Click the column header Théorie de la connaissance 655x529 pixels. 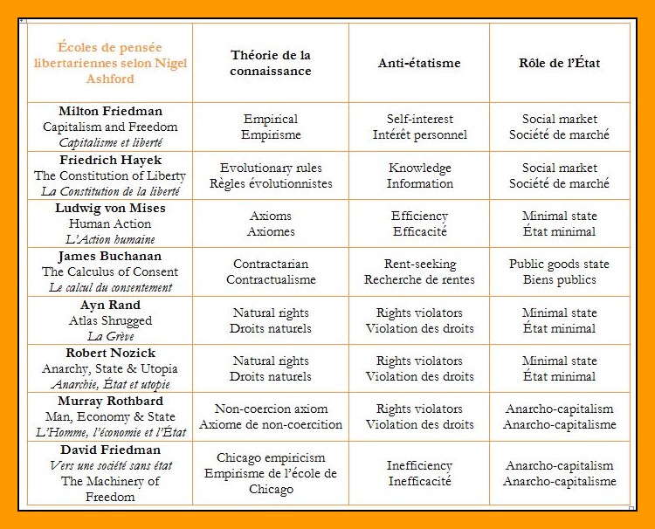[x=270, y=63]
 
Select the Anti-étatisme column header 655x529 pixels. [x=418, y=63]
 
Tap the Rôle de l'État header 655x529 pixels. [x=559, y=63]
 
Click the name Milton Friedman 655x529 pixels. [x=110, y=111]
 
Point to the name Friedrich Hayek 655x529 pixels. [x=110, y=160]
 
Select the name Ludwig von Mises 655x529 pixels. [x=110, y=208]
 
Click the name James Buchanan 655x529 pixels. [x=110, y=256]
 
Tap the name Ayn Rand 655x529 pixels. [x=110, y=305]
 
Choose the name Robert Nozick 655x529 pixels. [x=110, y=353]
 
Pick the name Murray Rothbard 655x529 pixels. [x=110, y=401]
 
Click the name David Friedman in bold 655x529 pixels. [x=110, y=450]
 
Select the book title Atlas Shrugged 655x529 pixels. [x=110, y=320]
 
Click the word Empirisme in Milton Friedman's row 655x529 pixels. [x=271, y=135]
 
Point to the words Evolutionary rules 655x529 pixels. [x=271, y=168]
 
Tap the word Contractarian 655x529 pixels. [x=271, y=264]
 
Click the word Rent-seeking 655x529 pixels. [x=419, y=264]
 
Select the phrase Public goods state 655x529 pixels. [x=559, y=264]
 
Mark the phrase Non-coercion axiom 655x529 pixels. [x=271, y=409]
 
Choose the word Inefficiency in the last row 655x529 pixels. [x=419, y=465]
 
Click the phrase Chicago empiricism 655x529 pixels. [x=271, y=457]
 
